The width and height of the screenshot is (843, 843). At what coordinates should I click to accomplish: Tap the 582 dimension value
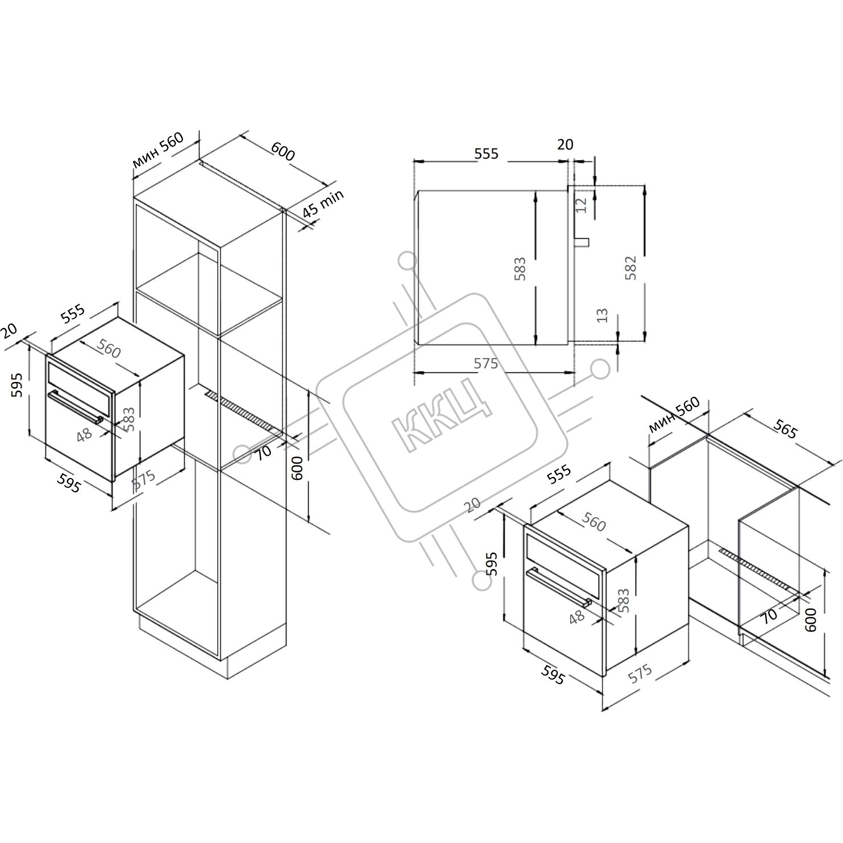tap(630, 267)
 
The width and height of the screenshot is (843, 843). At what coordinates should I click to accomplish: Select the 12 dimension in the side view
tap(580, 205)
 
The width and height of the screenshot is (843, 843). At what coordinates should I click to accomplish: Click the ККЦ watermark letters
tap(442, 414)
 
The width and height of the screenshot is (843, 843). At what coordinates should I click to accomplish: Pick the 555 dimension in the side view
tap(487, 153)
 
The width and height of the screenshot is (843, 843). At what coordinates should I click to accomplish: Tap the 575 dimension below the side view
tap(486, 363)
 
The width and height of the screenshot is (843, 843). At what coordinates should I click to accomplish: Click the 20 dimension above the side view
tap(565, 144)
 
